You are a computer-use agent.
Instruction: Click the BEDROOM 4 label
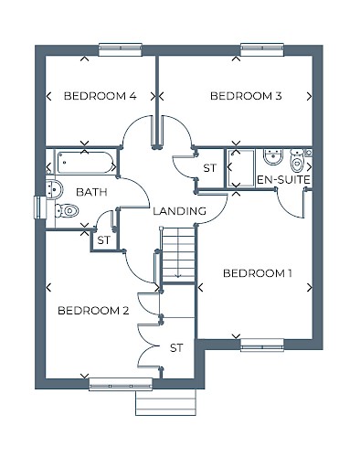(101, 96)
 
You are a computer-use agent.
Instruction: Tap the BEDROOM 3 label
(246, 96)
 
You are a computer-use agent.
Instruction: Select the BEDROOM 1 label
(258, 273)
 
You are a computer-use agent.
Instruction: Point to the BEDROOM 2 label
(93, 311)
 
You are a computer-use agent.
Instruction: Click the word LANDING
(179, 211)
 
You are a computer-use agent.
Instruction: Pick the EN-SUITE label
(283, 180)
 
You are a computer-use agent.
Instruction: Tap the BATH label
(91, 192)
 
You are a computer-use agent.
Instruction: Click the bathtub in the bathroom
(85, 162)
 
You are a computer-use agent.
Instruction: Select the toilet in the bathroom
(67, 210)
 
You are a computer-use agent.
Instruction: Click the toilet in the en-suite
(297, 161)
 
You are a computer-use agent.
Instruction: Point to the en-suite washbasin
(273, 157)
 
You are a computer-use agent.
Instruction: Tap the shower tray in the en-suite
(240, 168)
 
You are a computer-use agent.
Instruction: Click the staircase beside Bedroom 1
(178, 254)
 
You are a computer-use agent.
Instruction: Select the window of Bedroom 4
(121, 49)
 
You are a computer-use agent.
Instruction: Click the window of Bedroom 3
(262, 49)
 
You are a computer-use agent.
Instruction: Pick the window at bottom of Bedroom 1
(262, 345)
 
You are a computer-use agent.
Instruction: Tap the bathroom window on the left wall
(39, 207)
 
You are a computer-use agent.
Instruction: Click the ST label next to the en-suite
(210, 168)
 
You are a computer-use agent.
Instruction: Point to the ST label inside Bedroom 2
(176, 348)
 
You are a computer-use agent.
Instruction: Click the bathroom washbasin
(54, 190)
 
